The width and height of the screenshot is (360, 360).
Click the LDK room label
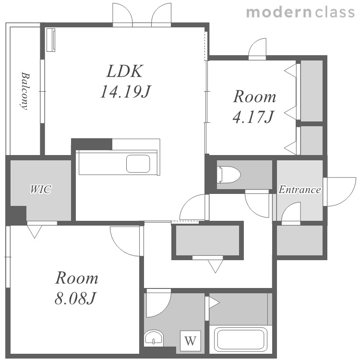point(125,71)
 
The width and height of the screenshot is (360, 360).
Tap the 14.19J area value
point(125,91)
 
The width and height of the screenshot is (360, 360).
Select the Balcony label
point(25,91)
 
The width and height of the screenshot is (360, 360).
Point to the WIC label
point(41,190)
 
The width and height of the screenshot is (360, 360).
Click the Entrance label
point(300,190)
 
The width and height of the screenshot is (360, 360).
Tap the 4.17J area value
point(253,117)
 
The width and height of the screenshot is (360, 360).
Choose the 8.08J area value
point(75,298)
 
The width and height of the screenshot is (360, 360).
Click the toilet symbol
point(228,175)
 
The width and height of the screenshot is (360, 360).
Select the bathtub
point(240,340)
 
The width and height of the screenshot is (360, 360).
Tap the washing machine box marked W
point(191,341)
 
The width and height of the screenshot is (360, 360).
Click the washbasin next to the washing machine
point(154,338)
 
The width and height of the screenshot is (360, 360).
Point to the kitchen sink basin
point(138,164)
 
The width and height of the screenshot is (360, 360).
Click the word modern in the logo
point(279,12)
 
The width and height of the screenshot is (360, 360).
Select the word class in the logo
point(335,12)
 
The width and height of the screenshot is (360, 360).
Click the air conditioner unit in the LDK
point(51,40)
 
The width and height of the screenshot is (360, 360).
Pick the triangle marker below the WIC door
point(35,232)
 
